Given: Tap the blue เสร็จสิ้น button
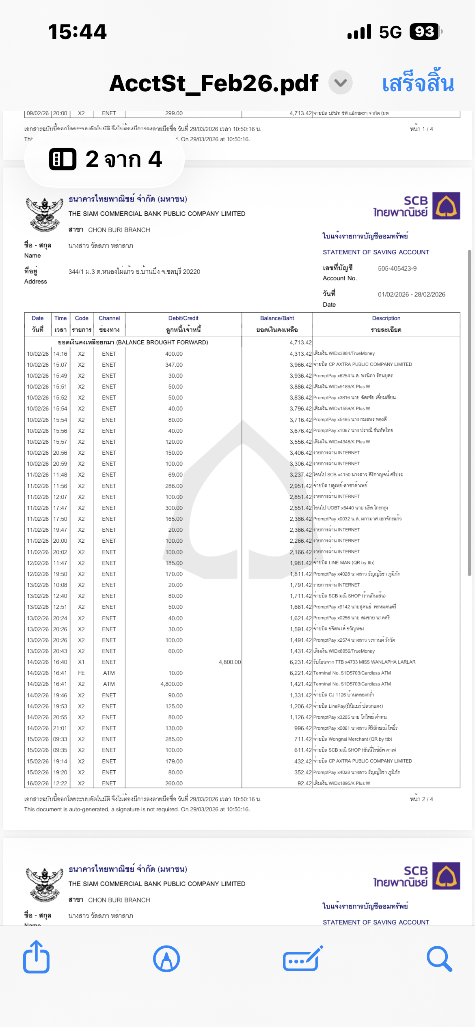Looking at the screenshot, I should (x=418, y=84).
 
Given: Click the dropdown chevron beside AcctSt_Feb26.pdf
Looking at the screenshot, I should (x=340, y=83).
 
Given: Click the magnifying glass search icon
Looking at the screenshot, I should (x=439, y=958).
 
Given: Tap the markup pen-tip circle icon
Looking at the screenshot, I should (x=166, y=958).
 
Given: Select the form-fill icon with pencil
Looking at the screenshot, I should (x=303, y=958).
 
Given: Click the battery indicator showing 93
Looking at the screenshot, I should (x=425, y=32).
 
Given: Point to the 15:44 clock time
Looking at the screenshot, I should (x=77, y=32).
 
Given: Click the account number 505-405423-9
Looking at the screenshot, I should (x=397, y=269).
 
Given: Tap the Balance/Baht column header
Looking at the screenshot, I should (x=277, y=318).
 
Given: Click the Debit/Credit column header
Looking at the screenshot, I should (x=183, y=318).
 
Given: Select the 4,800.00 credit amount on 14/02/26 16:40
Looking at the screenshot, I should (x=229, y=662).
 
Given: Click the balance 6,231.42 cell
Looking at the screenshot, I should (x=300, y=662).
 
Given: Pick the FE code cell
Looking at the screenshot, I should (x=81, y=673).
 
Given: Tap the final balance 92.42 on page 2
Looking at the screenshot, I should (x=304, y=784).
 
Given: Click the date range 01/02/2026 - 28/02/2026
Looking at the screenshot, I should (x=411, y=294).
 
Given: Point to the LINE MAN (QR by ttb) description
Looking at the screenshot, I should (x=344, y=563).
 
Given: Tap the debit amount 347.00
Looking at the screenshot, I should (x=174, y=365).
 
